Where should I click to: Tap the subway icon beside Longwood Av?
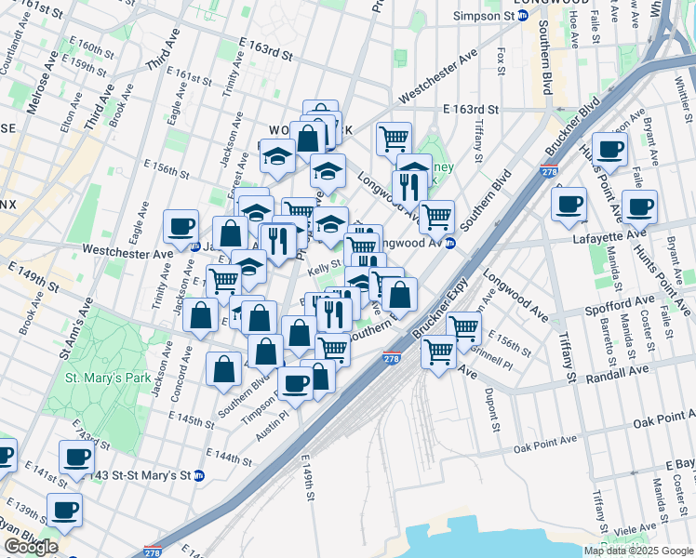[450, 244]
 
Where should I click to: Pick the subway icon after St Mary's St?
[199, 475]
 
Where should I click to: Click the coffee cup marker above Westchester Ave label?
[181, 225]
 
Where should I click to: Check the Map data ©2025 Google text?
[637, 551]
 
